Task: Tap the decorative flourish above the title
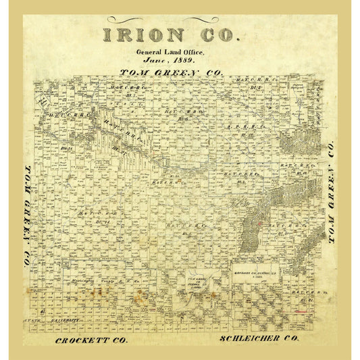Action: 171,19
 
